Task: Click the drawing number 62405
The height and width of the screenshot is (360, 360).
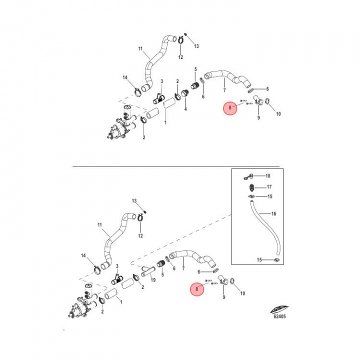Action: coord(279,316)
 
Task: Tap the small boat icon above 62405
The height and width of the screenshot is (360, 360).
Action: coord(279,309)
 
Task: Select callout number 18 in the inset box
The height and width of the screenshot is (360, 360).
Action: coord(267,176)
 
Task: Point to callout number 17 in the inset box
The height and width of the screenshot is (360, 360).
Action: coord(269,187)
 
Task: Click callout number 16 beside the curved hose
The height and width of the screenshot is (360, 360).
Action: coord(273,214)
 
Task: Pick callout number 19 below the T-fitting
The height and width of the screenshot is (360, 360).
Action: coord(153,280)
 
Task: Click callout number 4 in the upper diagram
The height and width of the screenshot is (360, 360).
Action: coord(185,108)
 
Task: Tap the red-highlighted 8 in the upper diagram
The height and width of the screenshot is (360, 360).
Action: coord(230,107)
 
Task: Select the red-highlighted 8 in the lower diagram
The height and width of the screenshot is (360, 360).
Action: coord(197,289)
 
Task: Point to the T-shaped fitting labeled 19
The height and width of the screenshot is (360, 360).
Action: coord(148,271)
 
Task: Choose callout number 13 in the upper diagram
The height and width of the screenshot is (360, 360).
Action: coord(196,46)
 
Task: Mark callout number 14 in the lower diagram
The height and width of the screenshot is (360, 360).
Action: coord(83,255)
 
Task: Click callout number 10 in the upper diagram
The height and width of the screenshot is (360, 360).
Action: coord(278,114)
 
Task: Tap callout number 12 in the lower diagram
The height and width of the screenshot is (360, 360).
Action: coord(140,235)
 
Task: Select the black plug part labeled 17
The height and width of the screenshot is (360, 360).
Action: coord(252,188)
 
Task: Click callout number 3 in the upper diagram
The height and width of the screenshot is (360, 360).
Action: coord(162,81)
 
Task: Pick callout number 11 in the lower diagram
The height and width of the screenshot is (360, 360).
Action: coord(99,225)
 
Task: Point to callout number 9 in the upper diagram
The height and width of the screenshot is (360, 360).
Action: coord(259,117)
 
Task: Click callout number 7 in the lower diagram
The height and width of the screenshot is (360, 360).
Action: coord(183,268)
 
